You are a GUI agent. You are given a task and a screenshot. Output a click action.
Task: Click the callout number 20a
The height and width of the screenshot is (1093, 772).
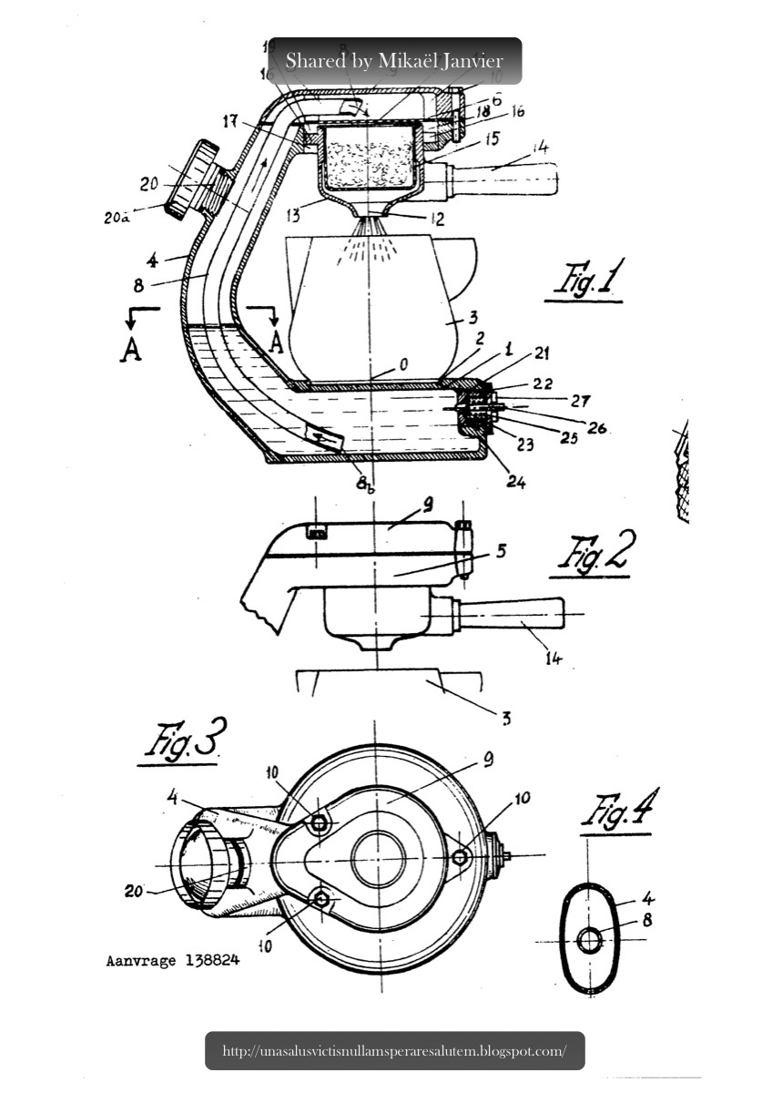[x=116, y=218]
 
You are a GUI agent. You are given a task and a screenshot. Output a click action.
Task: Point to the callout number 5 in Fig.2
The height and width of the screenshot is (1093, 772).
[x=501, y=551]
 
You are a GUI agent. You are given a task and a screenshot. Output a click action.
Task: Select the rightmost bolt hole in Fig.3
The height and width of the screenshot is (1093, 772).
[x=461, y=856]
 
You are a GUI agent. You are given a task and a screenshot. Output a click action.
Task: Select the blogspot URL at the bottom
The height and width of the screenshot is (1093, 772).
[x=394, y=1050]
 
